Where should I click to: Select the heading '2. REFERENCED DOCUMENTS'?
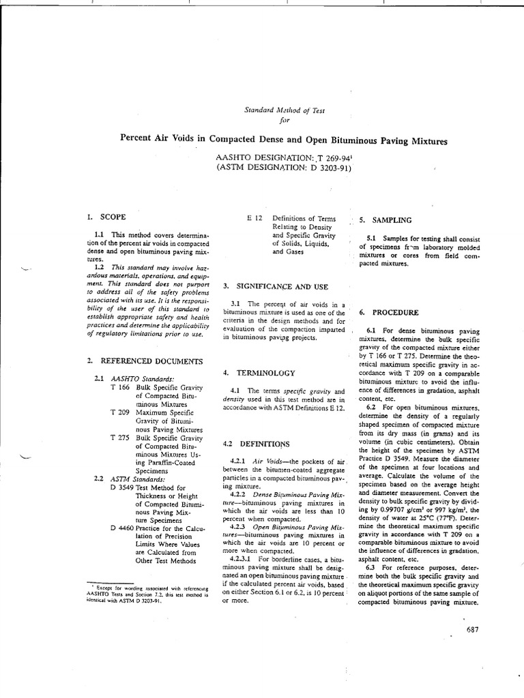[x=144, y=359]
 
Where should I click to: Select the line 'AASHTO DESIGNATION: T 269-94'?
[x=283, y=157]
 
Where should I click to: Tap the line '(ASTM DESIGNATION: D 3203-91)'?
[x=283, y=168]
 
